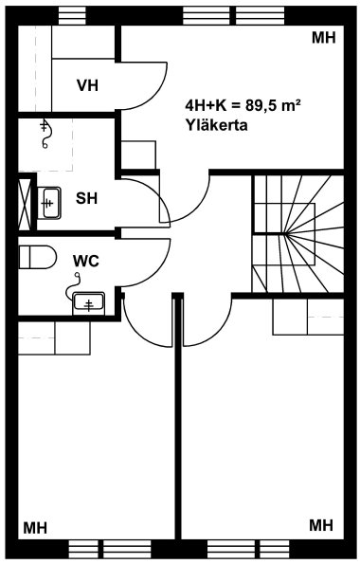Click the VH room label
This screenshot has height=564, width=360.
(x=87, y=85)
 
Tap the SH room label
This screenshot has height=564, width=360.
(x=86, y=198)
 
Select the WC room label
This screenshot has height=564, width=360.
(x=86, y=261)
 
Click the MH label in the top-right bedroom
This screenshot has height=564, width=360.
(x=324, y=37)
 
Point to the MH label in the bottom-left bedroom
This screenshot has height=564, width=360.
(x=35, y=528)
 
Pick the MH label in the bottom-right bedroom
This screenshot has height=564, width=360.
(x=321, y=525)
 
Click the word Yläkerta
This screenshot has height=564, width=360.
(x=217, y=125)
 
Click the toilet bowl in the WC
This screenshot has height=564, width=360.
(x=37, y=257)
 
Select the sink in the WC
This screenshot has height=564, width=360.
(x=88, y=303)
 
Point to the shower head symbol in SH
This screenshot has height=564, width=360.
(x=45, y=133)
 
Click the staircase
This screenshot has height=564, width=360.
(x=297, y=234)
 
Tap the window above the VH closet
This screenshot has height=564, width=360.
(x=72, y=15)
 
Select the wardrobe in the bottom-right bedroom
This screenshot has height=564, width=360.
(x=308, y=317)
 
